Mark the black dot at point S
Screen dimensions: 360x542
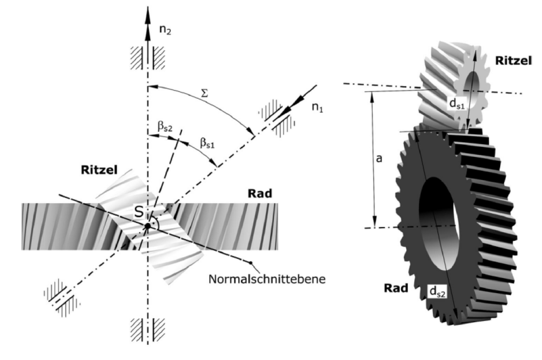tap(147, 227)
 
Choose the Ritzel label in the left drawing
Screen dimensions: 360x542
tap(99, 170)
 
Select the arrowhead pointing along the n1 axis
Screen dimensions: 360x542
tap(288, 109)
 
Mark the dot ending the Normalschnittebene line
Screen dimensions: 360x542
tap(250, 262)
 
